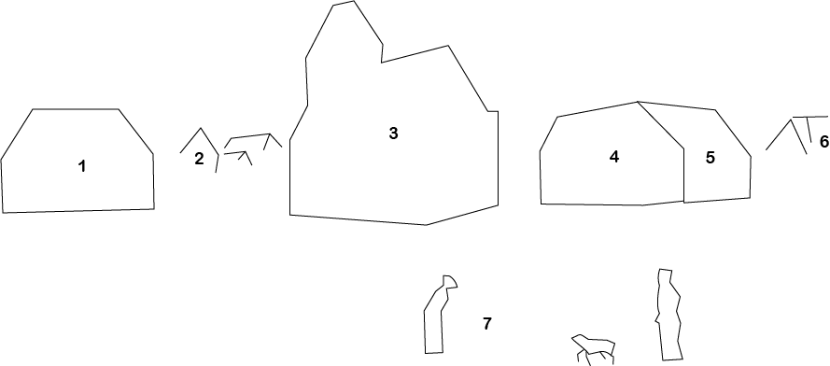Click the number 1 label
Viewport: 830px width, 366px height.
[82, 167]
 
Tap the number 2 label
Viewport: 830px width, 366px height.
[199, 159]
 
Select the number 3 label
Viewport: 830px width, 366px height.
[393, 134]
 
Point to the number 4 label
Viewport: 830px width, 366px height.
[614, 157]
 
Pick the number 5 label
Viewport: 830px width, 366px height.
[710, 158]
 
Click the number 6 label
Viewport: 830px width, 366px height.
[823, 142]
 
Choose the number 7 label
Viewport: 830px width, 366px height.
[487, 324]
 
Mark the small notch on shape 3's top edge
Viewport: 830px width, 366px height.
[382, 54]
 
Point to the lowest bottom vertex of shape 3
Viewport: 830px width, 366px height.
[427, 224]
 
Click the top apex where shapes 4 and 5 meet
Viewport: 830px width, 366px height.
[638, 101]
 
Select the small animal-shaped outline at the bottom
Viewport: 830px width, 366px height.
[594, 346]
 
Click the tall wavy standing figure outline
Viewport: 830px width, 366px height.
[668, 315]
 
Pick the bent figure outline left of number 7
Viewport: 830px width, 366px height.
[435, 317]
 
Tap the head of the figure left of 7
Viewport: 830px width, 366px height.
[450, 282]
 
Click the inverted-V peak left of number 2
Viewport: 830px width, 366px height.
[201, 129]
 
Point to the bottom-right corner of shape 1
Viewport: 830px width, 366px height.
[154, 208]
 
